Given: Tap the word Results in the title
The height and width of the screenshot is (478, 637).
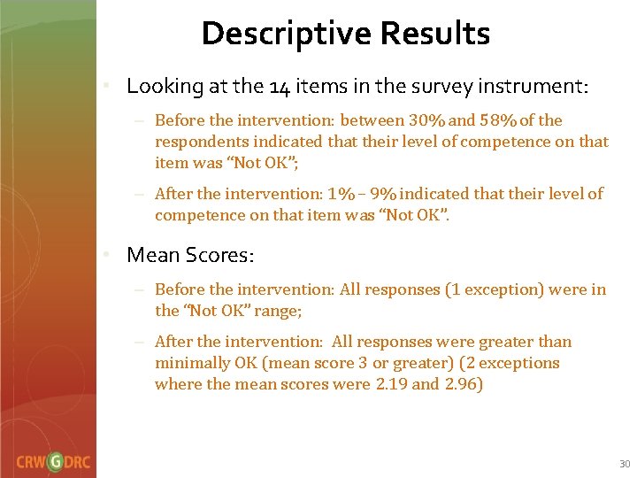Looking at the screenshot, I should pos(434,34).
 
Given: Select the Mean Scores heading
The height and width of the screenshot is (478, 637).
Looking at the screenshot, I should pos(190,255).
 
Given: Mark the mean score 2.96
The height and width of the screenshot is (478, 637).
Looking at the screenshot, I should pos(461,384).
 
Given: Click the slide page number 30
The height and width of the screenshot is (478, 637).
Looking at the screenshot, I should pos(624,464).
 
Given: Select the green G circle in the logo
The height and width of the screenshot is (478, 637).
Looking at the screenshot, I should pos(56,461).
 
